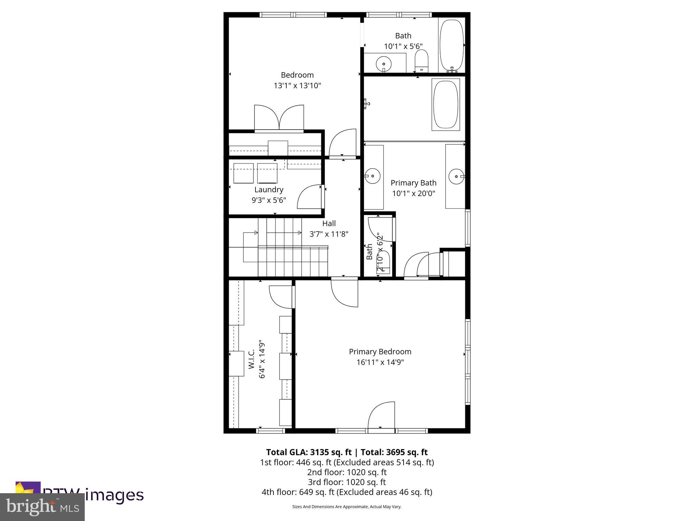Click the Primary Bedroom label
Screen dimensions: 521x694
380,352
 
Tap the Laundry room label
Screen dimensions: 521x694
269,190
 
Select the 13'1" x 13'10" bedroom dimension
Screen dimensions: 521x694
297,85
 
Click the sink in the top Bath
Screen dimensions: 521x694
384,63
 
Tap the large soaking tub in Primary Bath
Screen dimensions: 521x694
446,104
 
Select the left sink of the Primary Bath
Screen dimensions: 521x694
373,176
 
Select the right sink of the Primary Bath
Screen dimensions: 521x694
456,176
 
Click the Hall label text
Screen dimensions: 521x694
329,224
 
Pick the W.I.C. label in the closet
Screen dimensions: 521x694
251,360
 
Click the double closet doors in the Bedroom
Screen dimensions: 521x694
279,117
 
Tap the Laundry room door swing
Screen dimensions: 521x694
310,197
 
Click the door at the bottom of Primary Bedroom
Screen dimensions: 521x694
382,416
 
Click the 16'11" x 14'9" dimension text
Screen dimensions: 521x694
380,362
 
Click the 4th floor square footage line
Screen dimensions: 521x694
347,492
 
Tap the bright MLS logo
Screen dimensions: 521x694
42,507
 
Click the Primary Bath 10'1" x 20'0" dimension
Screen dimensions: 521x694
413,193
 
